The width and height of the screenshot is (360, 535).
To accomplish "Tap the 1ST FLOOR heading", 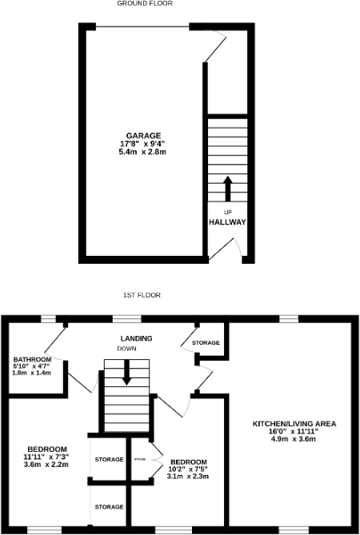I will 142,295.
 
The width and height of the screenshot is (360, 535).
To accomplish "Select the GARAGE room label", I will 143,135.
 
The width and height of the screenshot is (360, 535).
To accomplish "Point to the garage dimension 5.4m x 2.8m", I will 143,151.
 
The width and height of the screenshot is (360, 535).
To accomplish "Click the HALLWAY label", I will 227,222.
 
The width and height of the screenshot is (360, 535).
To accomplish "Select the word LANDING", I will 136,339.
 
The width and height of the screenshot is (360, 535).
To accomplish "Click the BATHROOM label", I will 32,360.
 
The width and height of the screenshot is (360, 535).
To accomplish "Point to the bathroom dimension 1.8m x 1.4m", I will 32,373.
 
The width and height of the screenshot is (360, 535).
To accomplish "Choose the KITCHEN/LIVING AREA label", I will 294,423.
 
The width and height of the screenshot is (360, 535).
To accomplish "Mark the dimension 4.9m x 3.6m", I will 294,439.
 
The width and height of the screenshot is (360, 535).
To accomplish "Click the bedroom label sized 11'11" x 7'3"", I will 47,449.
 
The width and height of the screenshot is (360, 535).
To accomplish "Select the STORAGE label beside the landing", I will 206,343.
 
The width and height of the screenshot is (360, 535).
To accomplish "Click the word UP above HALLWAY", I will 227,211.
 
